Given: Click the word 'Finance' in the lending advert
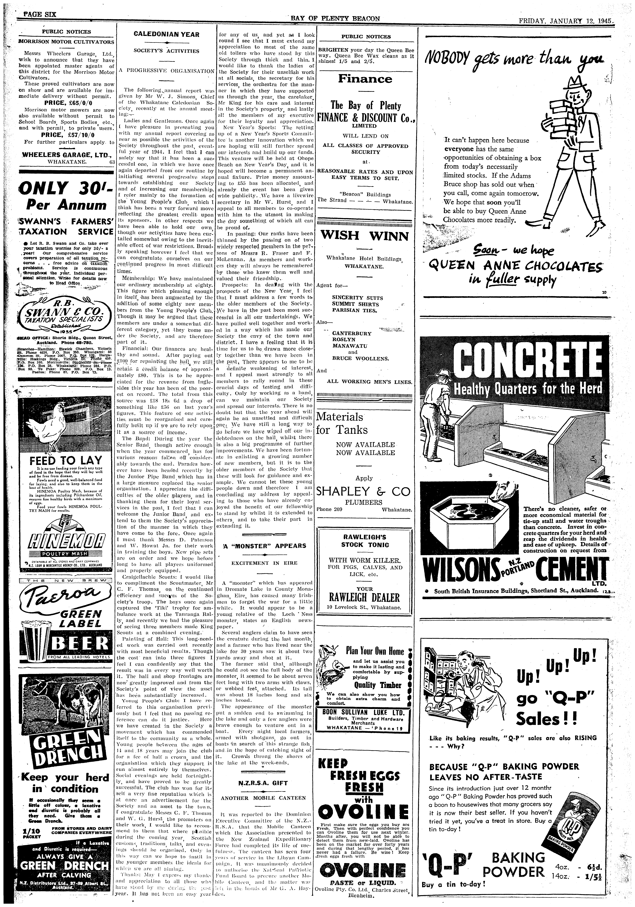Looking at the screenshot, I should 365,79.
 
